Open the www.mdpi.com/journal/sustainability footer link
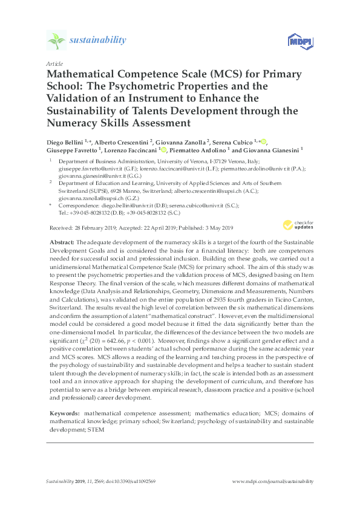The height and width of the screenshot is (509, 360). click(273, 481)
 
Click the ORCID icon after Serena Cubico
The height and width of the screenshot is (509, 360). click(264, 141)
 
